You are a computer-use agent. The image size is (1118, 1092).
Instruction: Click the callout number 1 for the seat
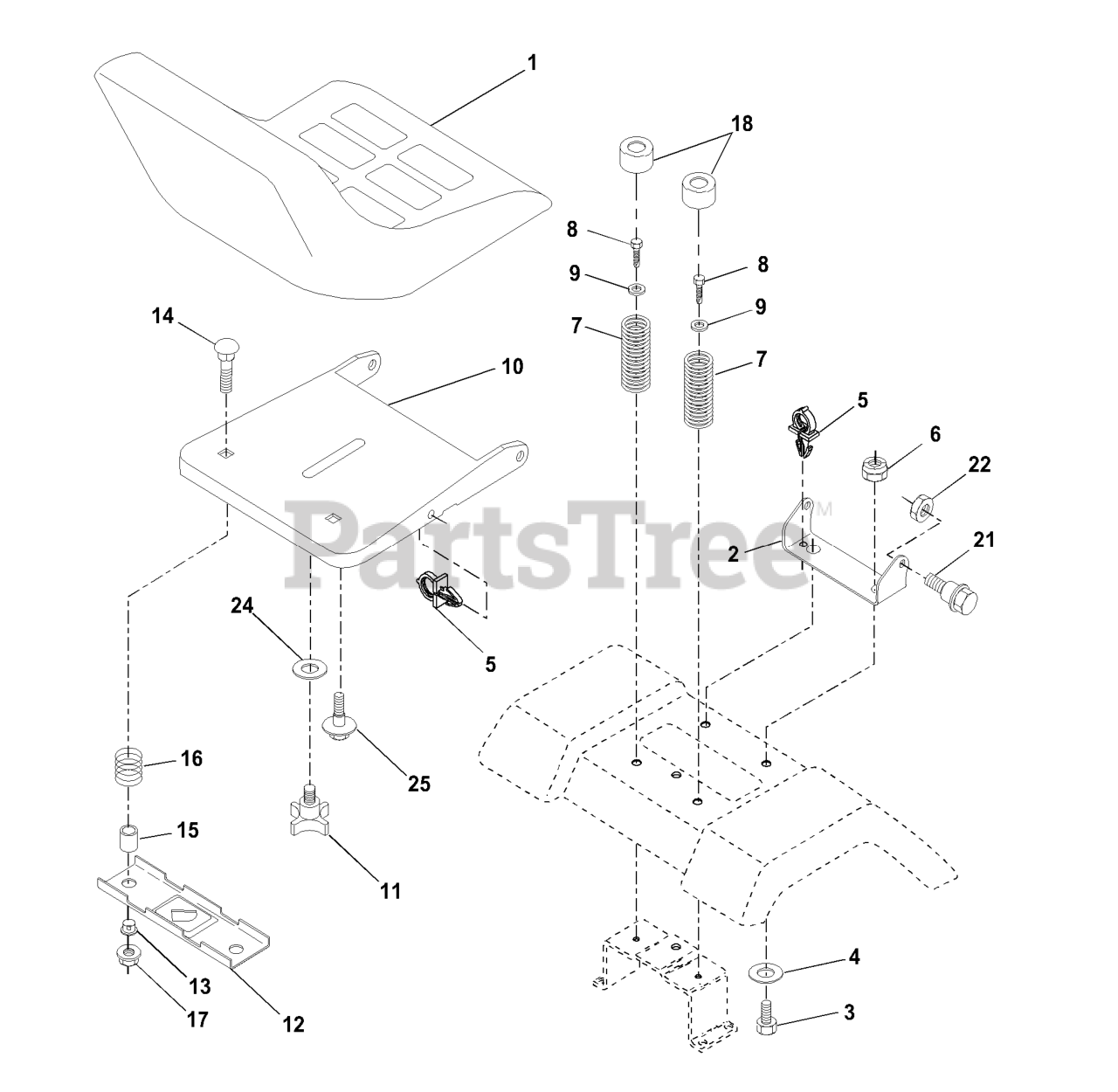click(x=532, y=64)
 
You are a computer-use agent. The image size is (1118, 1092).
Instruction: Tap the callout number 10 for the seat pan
click(x=513, y=366)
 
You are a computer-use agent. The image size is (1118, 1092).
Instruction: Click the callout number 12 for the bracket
click(x=293, y=1024)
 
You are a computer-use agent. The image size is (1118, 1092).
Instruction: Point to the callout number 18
click(x=742, y=123)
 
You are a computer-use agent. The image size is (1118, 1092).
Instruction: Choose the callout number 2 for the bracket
click(x=734, y=553)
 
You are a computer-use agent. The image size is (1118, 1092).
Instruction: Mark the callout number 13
click(x=200, y=986)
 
